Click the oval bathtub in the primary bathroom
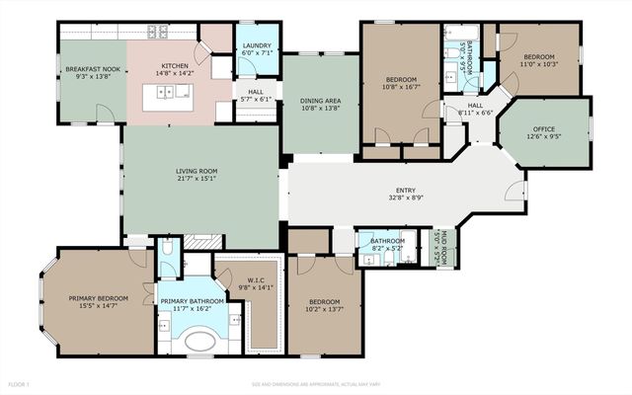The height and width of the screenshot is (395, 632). [200, 343]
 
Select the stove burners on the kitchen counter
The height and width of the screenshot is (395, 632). [159, 32]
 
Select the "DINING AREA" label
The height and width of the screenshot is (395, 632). [320, 101]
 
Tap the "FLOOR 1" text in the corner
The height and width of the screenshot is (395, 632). [19, 383]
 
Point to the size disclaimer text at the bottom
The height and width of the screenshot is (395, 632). [315, 383]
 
